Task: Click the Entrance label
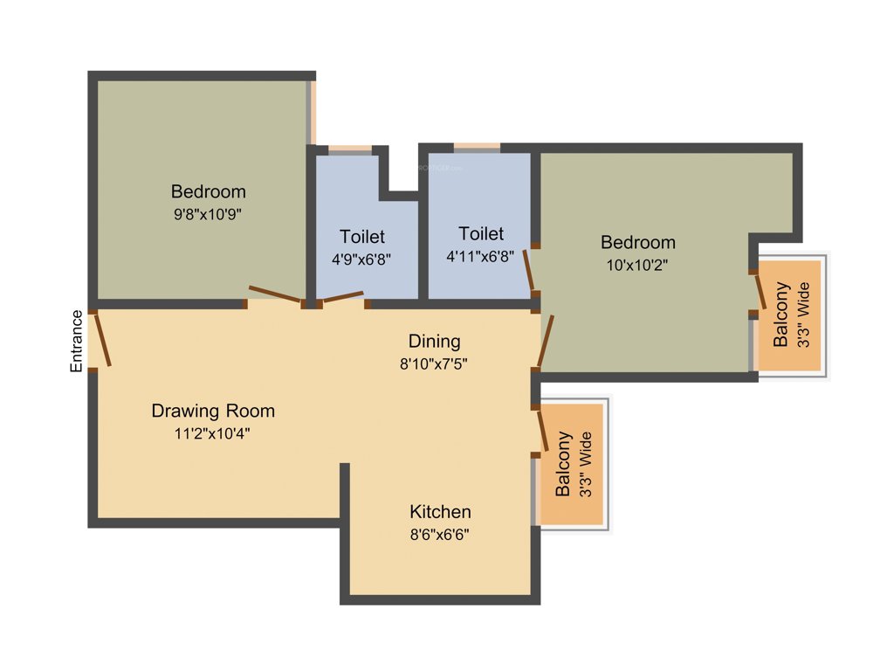pos(77,342)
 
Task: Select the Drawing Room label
pos(213,411)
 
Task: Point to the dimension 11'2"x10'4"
pos(213,432)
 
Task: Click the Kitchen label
pos(440,512)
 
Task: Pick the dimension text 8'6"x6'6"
pos(440,534)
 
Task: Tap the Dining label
pos(434,341)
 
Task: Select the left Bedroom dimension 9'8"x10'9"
pos(208,214)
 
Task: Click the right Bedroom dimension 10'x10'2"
pos(637,264)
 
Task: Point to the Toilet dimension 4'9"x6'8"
pos(362,259)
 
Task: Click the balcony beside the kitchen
pos(573,464)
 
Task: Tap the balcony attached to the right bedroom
pos(790,315)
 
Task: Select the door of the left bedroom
pos(275,295)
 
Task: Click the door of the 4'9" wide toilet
pos(343,297)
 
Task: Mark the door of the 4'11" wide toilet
pos(529,272)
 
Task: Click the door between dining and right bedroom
pos(546,341)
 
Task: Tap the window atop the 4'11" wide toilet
pos(477,148)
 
